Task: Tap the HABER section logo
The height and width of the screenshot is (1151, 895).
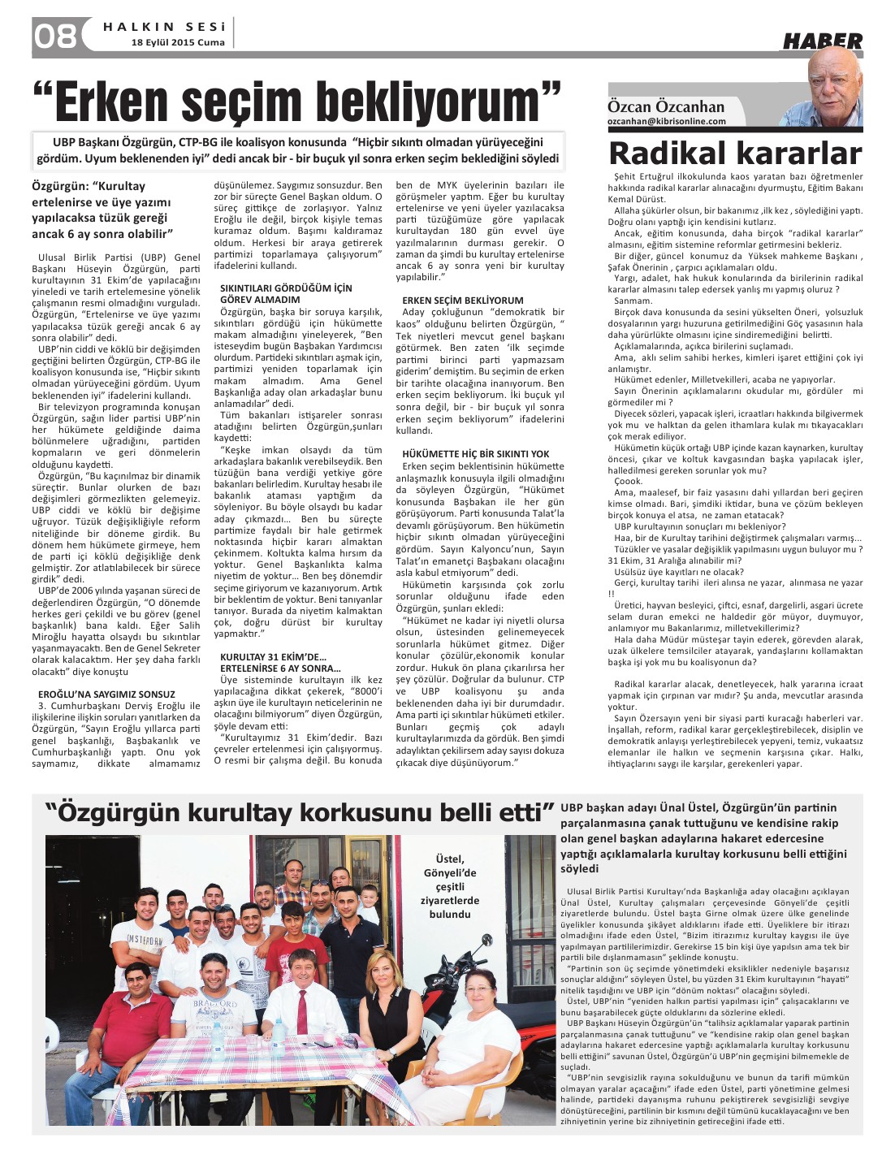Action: click(x=822, y=41)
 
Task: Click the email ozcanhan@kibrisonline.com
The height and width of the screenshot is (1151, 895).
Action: click(x=667, y=121)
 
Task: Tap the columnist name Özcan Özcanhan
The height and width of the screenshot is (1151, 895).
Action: click(x=666, y=106)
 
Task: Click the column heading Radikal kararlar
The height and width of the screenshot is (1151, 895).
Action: click(x=734, y=154)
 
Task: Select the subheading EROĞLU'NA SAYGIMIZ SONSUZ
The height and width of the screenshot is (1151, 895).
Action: click(x=106, y=694)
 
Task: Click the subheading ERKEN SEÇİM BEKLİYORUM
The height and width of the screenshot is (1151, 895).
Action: click(x=463, y=301)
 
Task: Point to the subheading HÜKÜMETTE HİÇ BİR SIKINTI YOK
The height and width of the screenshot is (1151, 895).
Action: click(x=476, y=454)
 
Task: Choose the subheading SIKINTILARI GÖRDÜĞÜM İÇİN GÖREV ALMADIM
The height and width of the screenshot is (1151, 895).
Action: click(x=286, y=293)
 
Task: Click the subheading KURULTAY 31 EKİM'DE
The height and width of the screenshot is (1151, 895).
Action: click(x=273, y=656)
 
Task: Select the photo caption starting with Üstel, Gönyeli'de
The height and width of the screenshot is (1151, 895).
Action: click(x=449, y=885)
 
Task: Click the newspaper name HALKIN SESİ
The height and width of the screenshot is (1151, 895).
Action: click(x=164, y=26)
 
